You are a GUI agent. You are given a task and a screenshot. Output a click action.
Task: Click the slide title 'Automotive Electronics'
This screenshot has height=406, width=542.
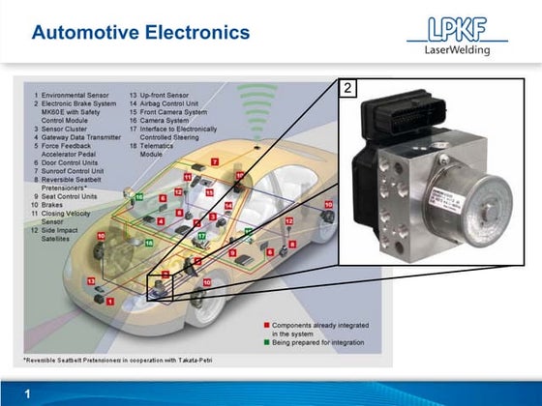(140, 33)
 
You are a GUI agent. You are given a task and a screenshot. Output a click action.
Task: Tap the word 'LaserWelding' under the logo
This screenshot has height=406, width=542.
(458, 50)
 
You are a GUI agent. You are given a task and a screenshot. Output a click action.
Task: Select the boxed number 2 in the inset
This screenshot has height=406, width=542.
(348, 88)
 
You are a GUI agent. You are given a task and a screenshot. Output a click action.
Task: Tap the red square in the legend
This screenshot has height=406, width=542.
(265, 326)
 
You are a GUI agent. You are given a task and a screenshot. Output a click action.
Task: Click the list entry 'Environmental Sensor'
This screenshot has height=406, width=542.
(75, 97)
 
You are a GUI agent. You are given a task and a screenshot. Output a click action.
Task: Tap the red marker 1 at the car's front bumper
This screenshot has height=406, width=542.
(110, 303)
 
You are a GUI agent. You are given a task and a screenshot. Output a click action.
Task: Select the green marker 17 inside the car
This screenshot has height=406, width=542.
(201, 236)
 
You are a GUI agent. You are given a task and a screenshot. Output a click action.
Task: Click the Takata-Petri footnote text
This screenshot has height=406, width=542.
(119, 360)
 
